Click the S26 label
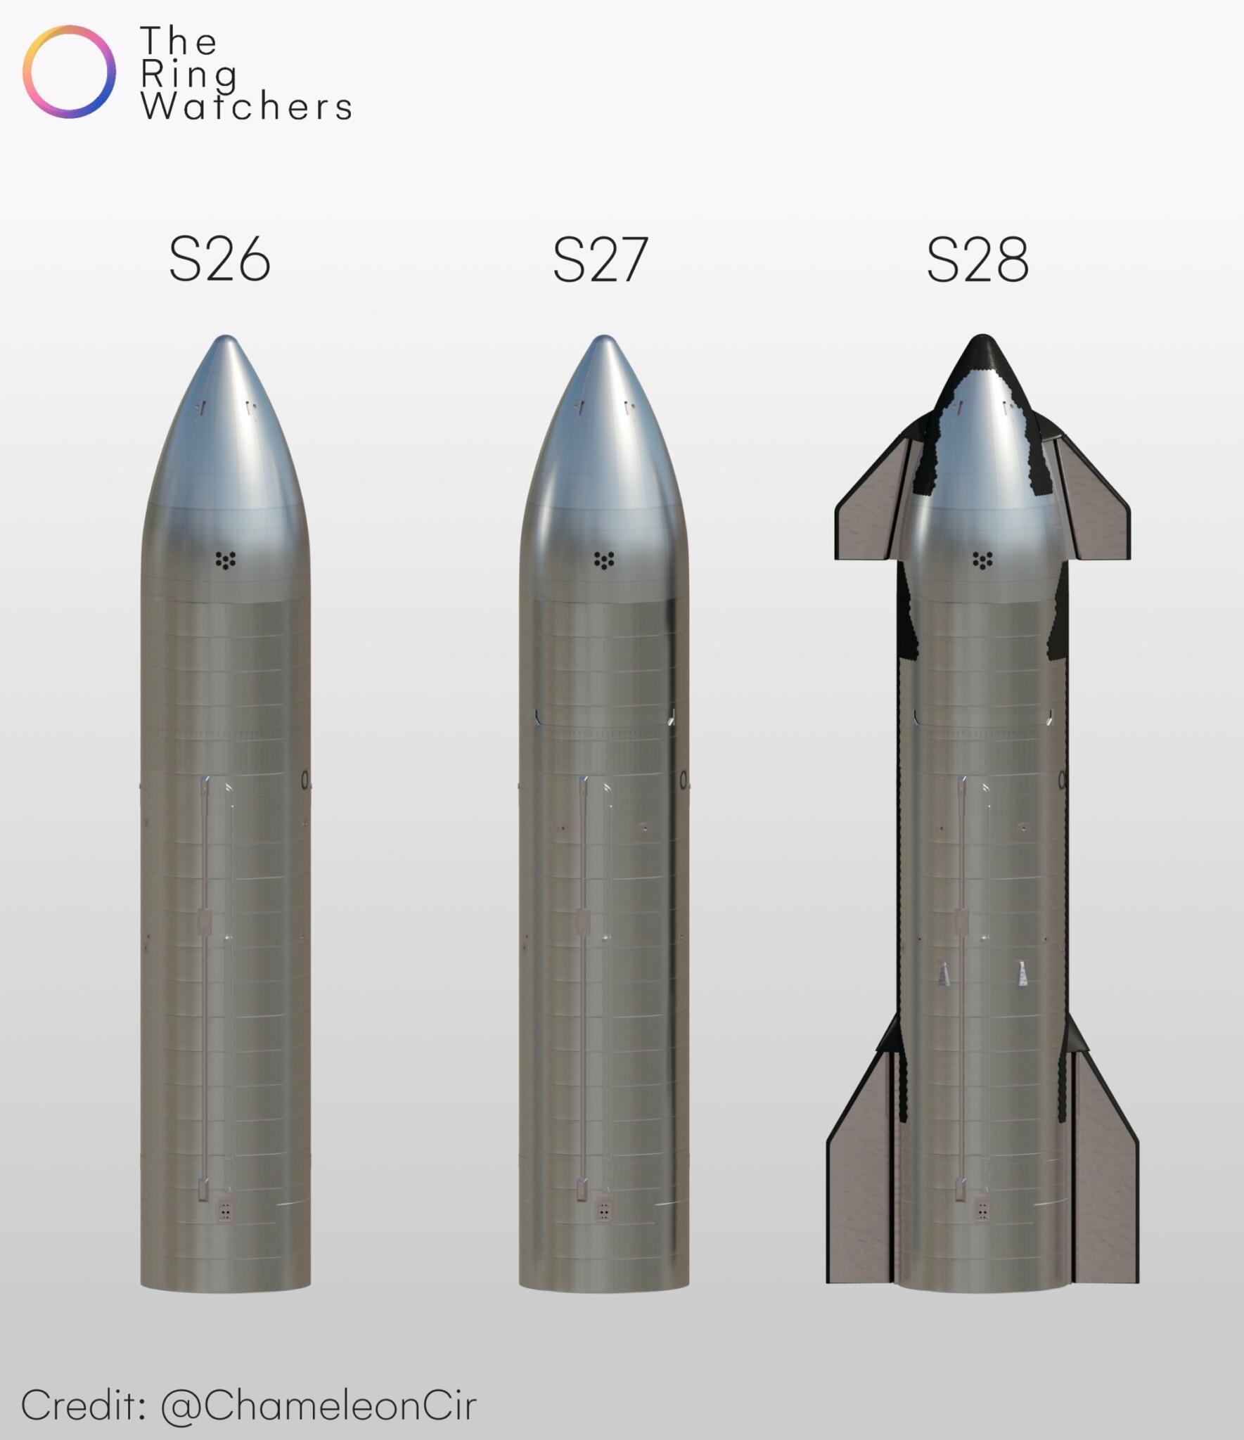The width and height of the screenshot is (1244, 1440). (219, 260)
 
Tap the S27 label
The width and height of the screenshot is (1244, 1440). (600, 260)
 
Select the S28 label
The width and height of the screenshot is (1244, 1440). (977, 260)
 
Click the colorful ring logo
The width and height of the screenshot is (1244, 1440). (69, 72)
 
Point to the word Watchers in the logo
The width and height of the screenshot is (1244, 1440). (246, 107)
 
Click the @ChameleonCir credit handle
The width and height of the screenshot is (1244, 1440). (319, 1406)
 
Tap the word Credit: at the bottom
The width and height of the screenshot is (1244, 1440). (83, 1406)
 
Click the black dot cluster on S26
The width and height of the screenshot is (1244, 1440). (225, 560)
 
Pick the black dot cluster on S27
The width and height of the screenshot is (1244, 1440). (604, 560)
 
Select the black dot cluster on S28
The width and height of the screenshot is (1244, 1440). (982, 560)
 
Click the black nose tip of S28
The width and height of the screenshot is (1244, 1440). (982, 352)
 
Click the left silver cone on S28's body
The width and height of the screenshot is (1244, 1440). (944, 974)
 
